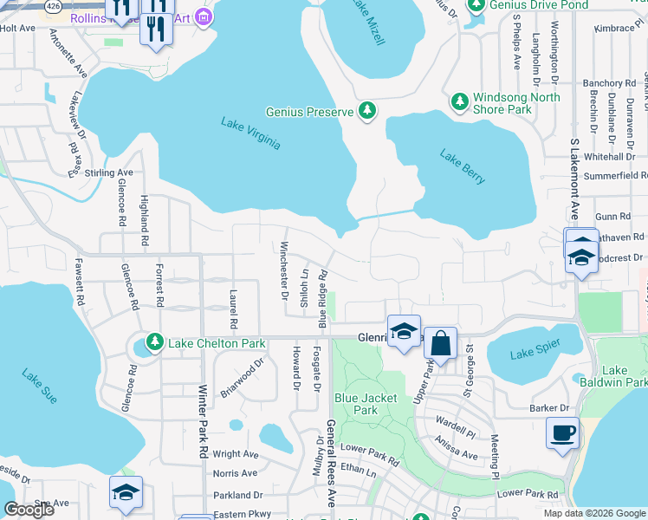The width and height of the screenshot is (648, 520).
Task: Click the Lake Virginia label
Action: pos(250,133)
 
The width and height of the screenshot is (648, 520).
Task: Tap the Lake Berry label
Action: pos(462,167)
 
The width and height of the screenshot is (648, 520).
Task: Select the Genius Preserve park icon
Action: pos(368,111)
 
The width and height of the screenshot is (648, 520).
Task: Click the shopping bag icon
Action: pos(440,343)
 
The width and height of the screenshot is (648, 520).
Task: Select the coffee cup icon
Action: pos(562,432)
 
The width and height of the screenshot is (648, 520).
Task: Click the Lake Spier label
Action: pos(535,354)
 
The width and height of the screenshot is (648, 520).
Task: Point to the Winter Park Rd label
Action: pos(204,422)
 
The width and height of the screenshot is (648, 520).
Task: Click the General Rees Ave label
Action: pos(330,464)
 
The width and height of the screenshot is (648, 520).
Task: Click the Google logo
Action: pos(29,510)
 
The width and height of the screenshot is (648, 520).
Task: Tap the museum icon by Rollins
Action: pos(204,16)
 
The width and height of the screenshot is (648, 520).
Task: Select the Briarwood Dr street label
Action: pos(242,380)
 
